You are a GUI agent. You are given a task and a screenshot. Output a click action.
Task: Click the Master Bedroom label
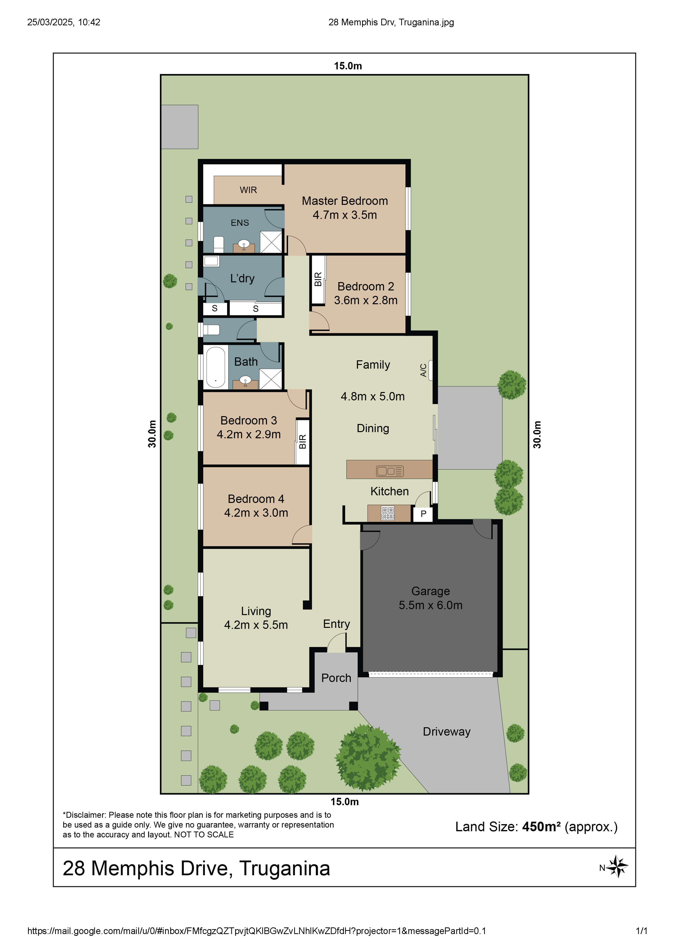pyautogui.click(x=345, y=201)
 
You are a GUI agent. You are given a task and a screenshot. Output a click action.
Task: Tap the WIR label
pyautogui.click(x=248, y=190)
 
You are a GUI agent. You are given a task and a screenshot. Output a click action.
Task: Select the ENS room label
pyautogui.click(x=240, y=223)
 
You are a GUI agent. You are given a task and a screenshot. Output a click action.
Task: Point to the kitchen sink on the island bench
pyautogui.click(x=389, y=471)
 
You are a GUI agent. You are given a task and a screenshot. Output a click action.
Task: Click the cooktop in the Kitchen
pyautogui.click(x=388, y=513)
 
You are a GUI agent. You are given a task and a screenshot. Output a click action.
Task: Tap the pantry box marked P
pyautogui.click(x=423, y=514)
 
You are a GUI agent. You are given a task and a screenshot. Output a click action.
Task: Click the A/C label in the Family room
pyautogui.click(x=423, y=370)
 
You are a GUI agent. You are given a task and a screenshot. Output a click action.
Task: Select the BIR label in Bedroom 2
pyautogui.click(x=318, y=279)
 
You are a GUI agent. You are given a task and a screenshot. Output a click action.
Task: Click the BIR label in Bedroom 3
pyautogui.click(x=303, y=441)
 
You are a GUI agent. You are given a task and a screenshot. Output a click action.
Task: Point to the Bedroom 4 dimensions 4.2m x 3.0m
pyautogui.click(x=256, y=513)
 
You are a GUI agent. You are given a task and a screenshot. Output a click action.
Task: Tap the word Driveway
pyautogui.click(x=447, y=732)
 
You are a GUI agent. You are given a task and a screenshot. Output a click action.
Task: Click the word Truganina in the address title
pyautogui.click(x=285, y=868)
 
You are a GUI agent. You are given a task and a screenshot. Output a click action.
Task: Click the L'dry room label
pyautogui.click(x=242, y=278)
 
